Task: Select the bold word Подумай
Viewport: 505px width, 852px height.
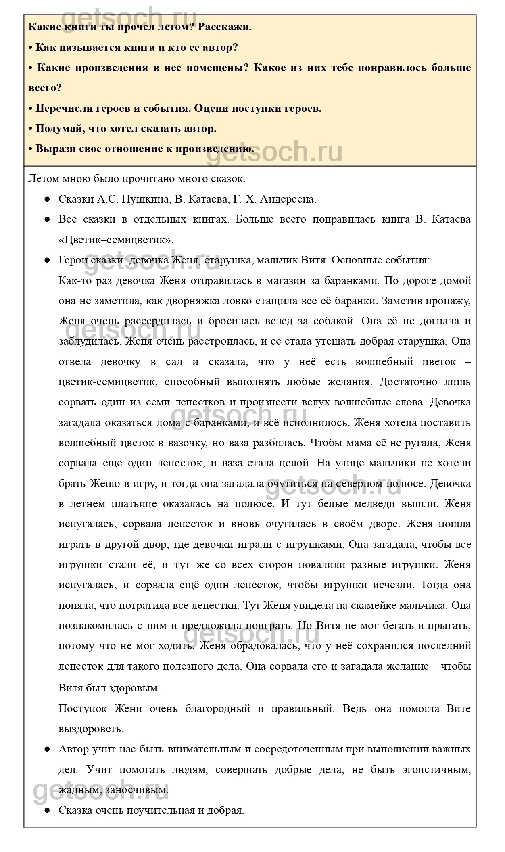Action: [58, 128]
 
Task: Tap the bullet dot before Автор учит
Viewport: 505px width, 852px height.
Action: [47, 749]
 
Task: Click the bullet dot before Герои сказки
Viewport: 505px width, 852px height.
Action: [47, 260]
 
